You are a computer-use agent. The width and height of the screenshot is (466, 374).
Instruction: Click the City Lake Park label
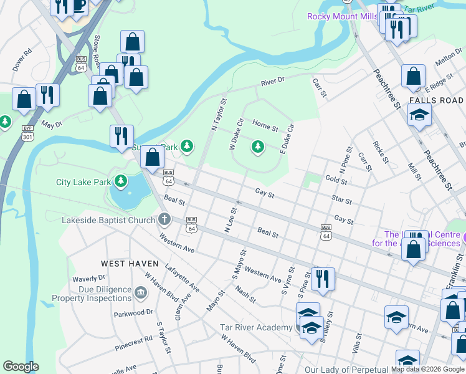coord(83,183)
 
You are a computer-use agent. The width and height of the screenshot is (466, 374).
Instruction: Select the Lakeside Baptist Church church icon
coord(164,219)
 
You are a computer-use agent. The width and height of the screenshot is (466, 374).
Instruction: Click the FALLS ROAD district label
coord(436,100)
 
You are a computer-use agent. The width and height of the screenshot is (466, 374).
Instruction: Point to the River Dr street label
coord(272,81)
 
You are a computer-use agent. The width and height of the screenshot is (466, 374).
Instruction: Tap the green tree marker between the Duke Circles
coord(257,146)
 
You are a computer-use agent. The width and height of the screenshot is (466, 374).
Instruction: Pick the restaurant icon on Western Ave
coord(322,279)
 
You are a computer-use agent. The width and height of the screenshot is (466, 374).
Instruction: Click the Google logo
coord(21,367)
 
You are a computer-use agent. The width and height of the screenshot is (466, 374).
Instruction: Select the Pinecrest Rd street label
coord(133,343)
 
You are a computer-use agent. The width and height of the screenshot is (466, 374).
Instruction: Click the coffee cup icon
coord(79,6)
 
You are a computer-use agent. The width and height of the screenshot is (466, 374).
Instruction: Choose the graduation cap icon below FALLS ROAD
coord(419,115)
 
